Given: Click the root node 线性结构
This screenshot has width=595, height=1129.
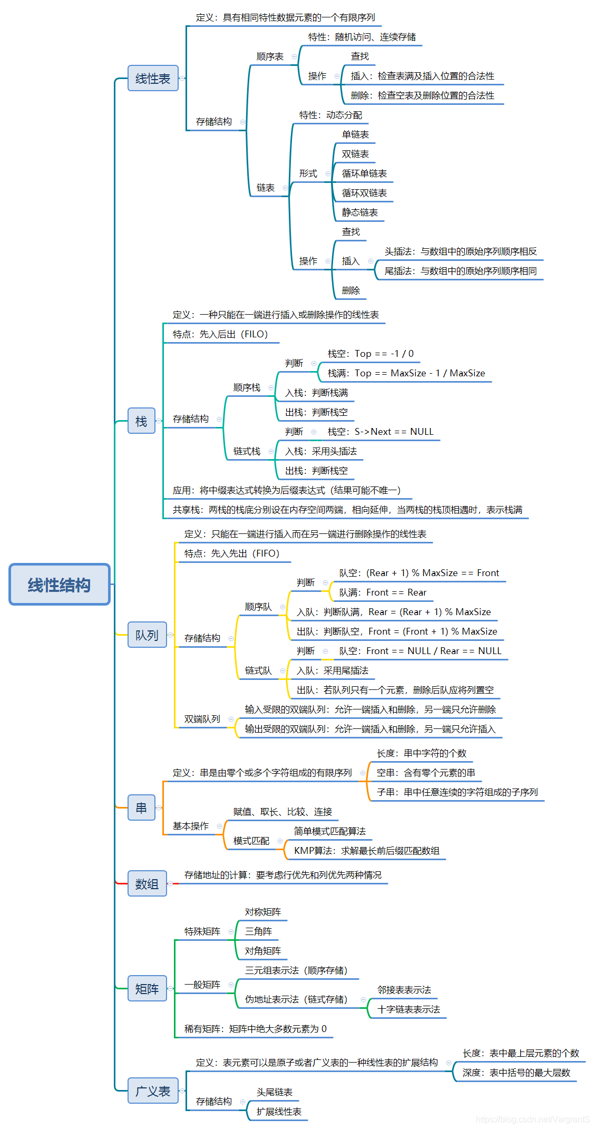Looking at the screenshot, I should click(59, 585).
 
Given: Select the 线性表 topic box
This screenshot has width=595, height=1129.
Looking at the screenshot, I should click(153, 79).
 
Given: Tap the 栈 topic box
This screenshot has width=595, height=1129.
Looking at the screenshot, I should click(141, 421).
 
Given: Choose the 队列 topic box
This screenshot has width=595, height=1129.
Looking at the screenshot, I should click(147, 635).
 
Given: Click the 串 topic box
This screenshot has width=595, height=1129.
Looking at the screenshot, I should click(141, 807).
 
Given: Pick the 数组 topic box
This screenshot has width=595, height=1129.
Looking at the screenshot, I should click(147, 883).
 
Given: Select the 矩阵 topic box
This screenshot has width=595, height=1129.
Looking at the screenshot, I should click(147, 989).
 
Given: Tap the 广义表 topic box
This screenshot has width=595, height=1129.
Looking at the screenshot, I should click(153, 1091).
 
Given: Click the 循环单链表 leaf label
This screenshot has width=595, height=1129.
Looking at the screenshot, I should click(364, 173).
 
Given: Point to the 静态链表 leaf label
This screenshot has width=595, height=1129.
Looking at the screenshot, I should click(360, 212).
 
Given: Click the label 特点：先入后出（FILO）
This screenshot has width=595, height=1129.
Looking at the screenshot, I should click(220, 334).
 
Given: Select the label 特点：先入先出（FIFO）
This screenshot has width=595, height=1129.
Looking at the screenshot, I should click(232, 553).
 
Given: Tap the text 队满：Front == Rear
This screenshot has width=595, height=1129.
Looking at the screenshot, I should click(383, 592).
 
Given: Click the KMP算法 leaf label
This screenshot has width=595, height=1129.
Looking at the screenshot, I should click(367, 851).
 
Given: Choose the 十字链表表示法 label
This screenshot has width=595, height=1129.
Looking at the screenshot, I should click(409, 1009).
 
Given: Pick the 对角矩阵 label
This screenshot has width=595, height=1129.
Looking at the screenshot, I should click(263, 951).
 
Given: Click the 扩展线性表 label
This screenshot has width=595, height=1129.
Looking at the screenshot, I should click(279, 1112).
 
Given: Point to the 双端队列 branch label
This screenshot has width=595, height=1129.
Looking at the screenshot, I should click(202, 719).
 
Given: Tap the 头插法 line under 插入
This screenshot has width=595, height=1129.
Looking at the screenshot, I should click(461, 251).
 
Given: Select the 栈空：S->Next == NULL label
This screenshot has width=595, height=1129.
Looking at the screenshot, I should click(381, 432).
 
